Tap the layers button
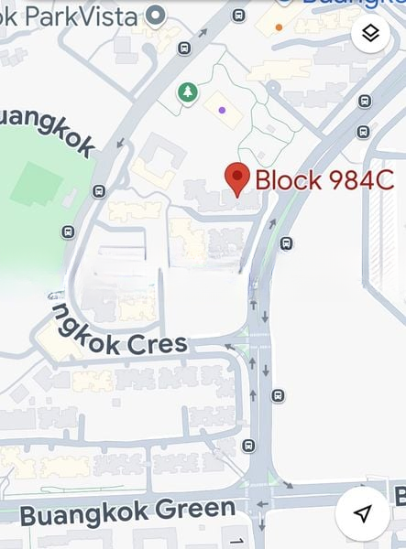pos(370,34)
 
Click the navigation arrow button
pos(363,513)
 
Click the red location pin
pos(238,179)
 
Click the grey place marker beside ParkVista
pos(156,15)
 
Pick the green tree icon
pos(187,91)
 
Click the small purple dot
pos(223,109)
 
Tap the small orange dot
pos(279,27)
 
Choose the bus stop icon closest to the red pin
pos(286,243)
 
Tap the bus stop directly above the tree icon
pos(184,48)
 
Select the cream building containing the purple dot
pos(223,111)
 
